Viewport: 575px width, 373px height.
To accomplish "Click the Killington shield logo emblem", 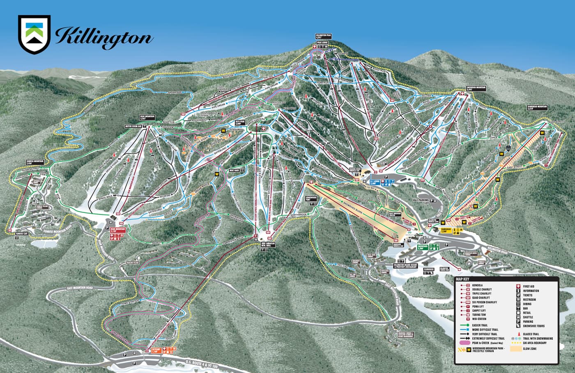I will click(34, 35).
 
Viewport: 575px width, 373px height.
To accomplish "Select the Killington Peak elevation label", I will click(323, 37).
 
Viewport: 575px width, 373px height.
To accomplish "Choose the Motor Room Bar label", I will click(134, 127).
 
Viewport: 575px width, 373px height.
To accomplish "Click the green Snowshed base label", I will click(423, 248).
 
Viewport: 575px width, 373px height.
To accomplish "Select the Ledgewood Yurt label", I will click(311, 198).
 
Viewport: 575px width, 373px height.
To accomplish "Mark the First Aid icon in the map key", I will click(519, 286).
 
